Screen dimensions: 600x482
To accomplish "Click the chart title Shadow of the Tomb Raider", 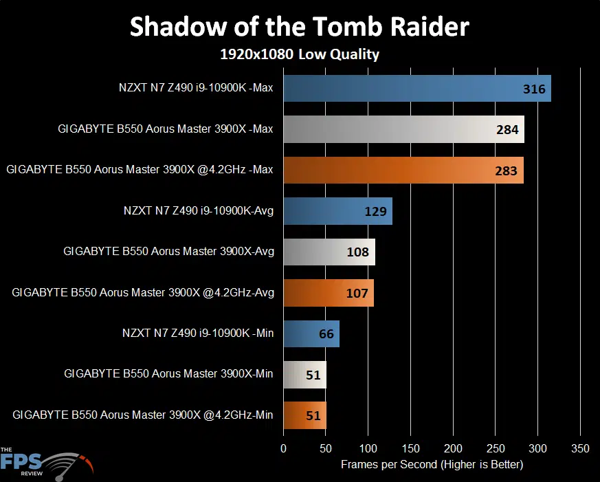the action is [300, 27].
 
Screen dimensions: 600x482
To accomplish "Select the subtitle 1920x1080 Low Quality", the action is [300, 54].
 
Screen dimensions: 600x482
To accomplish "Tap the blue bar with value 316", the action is [417, 89].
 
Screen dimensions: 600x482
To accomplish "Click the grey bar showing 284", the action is [403, 129].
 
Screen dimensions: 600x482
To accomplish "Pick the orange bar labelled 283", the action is [403, 171].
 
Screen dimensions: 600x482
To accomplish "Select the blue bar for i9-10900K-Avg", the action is [338, 211].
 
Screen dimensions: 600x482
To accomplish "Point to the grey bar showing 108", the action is [329, 252].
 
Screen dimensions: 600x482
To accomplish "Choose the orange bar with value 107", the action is [329, 293].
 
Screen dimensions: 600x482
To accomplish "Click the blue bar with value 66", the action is [311, 334].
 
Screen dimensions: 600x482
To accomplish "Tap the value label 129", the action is [375, 211].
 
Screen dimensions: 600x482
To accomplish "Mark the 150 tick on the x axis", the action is [410, 448].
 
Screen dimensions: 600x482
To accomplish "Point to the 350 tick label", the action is [580, 448].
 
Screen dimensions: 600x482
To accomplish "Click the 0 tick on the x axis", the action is [284, 448].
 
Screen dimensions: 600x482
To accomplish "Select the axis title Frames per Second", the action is [432, 465].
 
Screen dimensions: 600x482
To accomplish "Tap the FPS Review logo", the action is [47, 463].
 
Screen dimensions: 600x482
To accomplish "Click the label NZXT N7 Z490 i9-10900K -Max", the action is [196, 88].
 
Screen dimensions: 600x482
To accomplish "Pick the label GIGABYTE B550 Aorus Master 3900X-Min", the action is [168, 373].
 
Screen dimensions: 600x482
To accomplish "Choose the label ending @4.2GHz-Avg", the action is [143, 292].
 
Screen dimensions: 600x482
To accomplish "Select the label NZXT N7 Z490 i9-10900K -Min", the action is [198, 333].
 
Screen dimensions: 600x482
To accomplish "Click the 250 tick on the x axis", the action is [496, 448].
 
